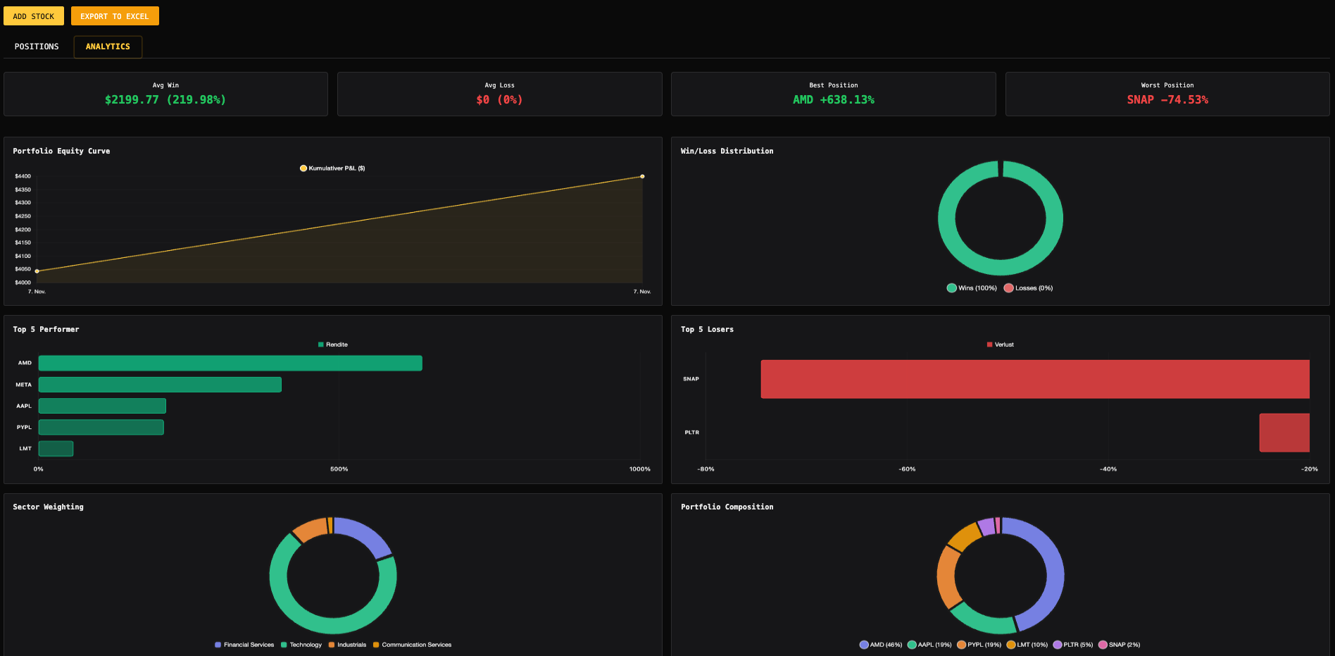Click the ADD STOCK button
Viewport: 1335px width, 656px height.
tap(33, 16)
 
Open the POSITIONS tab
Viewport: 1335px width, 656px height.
tap(37, 47)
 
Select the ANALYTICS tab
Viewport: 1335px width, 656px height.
tap(108, 47)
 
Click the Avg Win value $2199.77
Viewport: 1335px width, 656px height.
tap(132, 100)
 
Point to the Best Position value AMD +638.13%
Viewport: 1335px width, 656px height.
tap(833, 100)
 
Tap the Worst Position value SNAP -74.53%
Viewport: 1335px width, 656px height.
tap(1167, 100)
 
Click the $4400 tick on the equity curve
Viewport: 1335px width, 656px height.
tap(23, 176)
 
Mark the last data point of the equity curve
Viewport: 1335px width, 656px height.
tap(642, 176)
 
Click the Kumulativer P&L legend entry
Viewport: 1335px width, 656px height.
tap(332, 168)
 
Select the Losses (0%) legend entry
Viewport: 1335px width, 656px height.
tap(1029, 288)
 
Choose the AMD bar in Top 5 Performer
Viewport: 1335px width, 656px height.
tap(230, 363)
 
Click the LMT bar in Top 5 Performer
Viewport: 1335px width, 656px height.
tap(56, 448)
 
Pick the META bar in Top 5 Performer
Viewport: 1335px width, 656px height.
tap(160, 385)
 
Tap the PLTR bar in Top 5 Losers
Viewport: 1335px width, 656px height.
tap(1284, 433)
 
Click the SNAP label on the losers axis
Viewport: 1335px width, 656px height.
tap(691, 379)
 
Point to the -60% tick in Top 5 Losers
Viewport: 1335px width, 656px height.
tap(907, 469)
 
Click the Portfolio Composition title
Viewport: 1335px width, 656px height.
tap(727, 507)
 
